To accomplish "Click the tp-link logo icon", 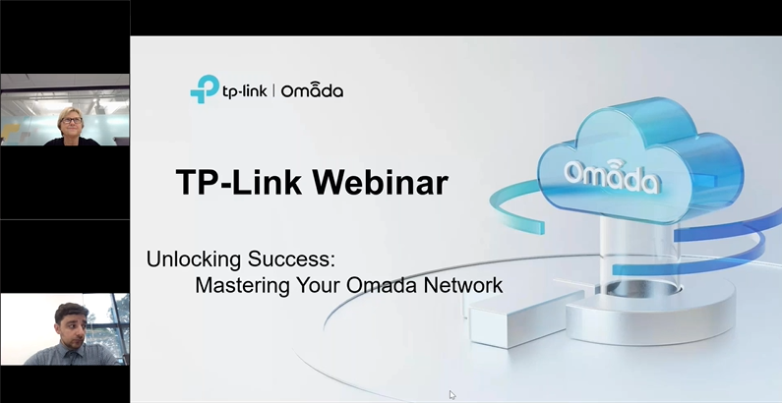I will [204, 89].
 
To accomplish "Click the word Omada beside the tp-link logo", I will [312, 90].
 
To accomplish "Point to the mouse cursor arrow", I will [452, 395].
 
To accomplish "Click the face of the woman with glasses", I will [72, 124].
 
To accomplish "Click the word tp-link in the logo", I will [243, 90].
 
